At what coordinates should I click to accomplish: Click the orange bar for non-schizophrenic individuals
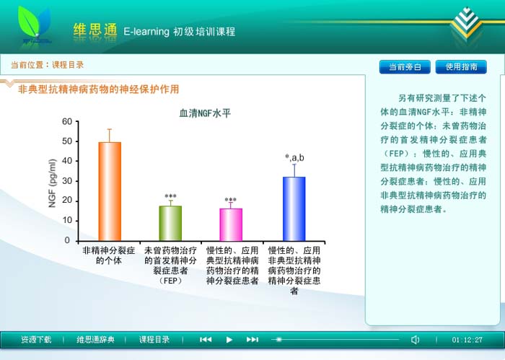pyautogui.click(x=110, y=191)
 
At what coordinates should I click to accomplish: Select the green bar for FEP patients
pyautogui.click(x=170, y=223)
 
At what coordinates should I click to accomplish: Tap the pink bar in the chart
pyautogui.click(x=231, y=224)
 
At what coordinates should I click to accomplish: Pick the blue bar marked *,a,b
pyautogui.click(x=294, y=208)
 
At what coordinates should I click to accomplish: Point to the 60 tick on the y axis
pyautogui.click(x=67, y=121)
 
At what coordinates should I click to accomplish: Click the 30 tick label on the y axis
pyautogui.click(x=67, y=181)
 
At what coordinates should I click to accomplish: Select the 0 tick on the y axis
pyautogui.click(x=67, y=240)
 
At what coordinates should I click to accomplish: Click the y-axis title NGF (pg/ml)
pyautogui.click(x=52, y=183)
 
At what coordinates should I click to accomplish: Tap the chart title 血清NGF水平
pyautogui.click(x=205, y=113)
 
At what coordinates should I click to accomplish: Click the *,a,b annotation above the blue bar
pyautogui.click(x=294, y=158)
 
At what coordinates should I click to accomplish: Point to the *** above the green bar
pyautogui.click(x=170, y=196)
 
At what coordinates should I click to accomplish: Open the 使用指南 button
pyautogui.click(x=461, y=67)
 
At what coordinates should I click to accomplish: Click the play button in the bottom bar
pyautogui.click(x=229, y=340)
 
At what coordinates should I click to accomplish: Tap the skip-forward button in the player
pyautogui.click(x=252, y=339)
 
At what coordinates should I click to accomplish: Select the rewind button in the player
pyautogui.click(x=206, y=339)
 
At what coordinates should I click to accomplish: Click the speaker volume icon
pyautogui.click(x=415, y=340)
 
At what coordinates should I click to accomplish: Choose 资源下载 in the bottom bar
pyautogui.click(x=36, y=340)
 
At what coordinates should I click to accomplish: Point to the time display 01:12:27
pyautogui.click(x=467, y=340)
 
